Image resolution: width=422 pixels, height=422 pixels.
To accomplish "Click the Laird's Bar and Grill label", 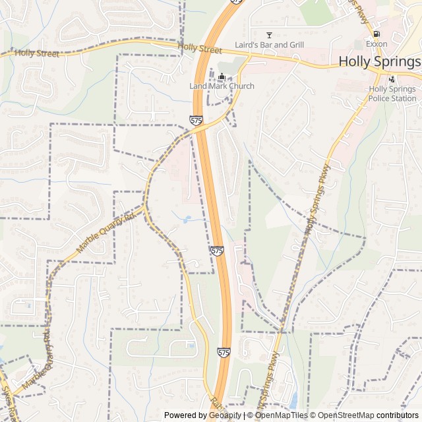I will coord(269,45).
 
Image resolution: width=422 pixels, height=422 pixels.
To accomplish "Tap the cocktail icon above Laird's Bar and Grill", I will coord(269,34).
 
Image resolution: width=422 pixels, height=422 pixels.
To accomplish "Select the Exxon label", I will coord(377,44).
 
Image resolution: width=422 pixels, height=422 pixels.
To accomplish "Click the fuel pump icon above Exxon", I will coord(376,34).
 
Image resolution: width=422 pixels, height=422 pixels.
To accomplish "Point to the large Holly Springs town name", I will coord(379,61).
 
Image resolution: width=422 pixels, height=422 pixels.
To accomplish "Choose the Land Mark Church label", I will coord(222,86).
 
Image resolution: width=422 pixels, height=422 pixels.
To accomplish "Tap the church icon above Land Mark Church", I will coord(222,76).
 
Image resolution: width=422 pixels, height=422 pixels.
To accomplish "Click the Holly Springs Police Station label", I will coord(392,94).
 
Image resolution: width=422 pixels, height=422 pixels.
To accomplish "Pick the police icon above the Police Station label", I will coord(392,79).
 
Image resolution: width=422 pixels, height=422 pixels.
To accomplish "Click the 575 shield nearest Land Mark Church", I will coord(196,120).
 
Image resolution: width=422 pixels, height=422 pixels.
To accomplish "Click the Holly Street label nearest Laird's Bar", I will coord(200,49).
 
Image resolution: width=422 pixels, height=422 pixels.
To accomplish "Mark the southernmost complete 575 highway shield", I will coord(224,353).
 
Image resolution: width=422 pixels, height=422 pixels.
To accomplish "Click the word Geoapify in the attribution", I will coord(226,415).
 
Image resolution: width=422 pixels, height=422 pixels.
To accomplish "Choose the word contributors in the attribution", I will coord(398,415).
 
